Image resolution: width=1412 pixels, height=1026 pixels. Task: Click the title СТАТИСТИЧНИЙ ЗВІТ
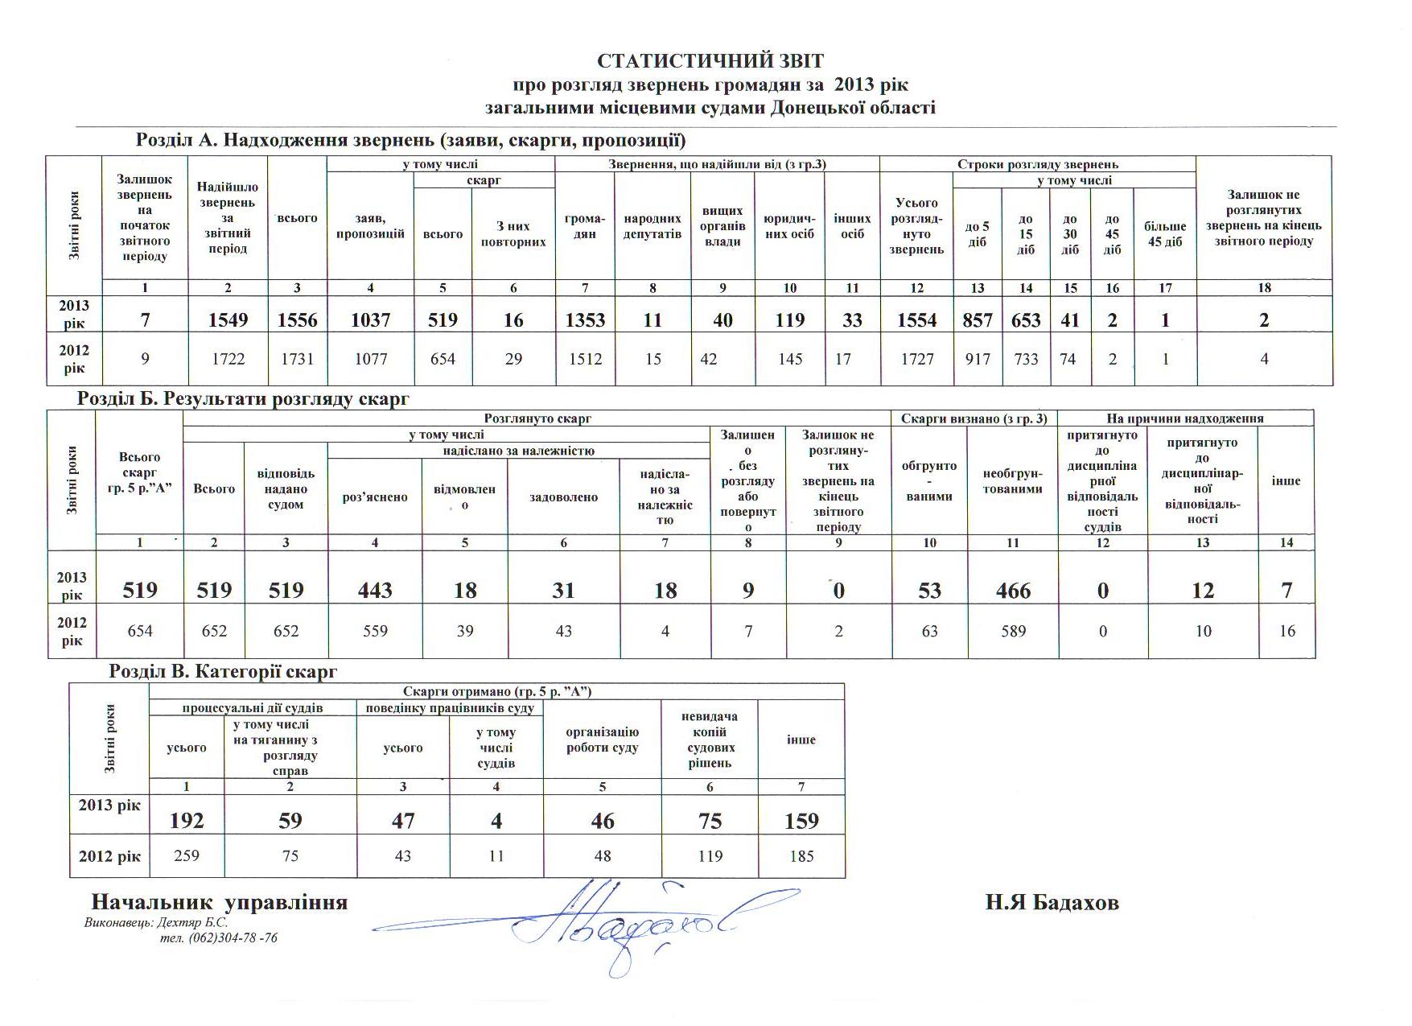pyautogui.click(x=710, y=61)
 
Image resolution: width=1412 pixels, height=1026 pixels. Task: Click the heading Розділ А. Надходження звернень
pyautogui.click(x=410, y=141)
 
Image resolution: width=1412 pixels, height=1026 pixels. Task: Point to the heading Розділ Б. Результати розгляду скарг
pyautogui.click(x=243, y=398)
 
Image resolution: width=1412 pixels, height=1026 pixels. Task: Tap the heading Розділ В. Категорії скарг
pyautogui.click(x=223, y=671)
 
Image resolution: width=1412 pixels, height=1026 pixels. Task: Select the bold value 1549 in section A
pyautogui.click(x=228, y=320)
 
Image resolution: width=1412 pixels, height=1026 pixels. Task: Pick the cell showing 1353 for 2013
pyautogui.click(x=585, y=320)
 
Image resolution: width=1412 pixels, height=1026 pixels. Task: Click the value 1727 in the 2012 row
pyautogui.click(x=916, y=359)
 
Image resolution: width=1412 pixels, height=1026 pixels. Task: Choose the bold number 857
pyautogui.click(x=978, y=320)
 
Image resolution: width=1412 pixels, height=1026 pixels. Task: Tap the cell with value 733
pyautogui.click(x=1026, y=359)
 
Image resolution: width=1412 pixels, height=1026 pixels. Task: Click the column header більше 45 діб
pyautogui.click(x=1165, y=234)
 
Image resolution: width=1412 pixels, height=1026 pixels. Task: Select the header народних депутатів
pyautogui.click(x=652, y=226)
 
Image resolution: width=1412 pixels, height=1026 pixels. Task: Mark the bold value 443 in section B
pyautogui.click(x=375, y=591)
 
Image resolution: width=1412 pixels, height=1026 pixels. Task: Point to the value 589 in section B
pyautogui.click(x=1013, y=632)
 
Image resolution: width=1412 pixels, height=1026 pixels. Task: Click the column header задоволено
pyautogui.click(x=563, y=497)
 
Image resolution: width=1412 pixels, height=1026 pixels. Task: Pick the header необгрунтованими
pyautogui.click(x=1013, y=481)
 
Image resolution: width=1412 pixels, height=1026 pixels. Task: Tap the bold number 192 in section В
pyautogui.click(x=187, y=821)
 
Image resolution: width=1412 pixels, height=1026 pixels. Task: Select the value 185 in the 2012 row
pyautogui.click(x=801, y=857)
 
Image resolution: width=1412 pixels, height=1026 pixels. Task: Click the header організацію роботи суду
pyautogui.click(x=603, y=740)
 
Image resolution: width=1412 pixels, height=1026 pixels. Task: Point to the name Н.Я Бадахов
pyautogui.click(x=1052, y=903)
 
